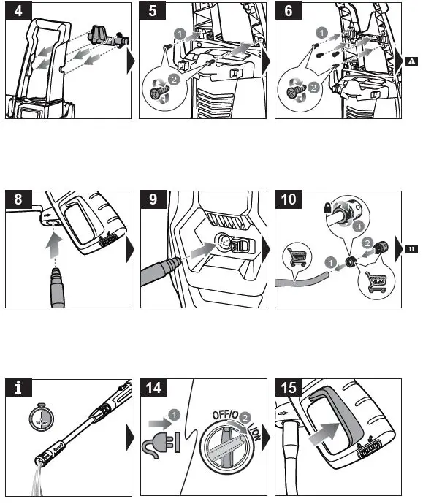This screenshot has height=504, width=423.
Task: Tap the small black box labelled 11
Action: (x=412, y=250)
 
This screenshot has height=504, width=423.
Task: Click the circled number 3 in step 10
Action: (x=358, y=226)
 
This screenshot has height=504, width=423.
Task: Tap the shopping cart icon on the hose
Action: (x=295, y=258)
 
